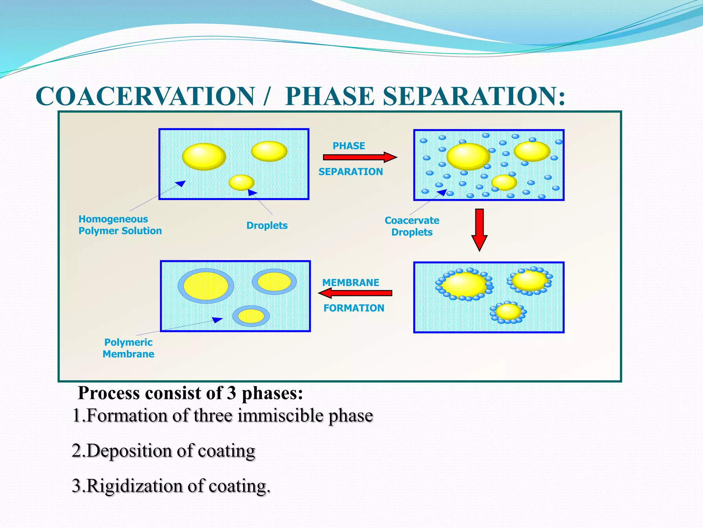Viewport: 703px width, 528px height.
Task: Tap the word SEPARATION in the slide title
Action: click(x=474, y=97)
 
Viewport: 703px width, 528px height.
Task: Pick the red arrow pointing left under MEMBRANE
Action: click(x=355, y=293)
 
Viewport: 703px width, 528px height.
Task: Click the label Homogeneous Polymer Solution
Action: click(x=120, y=225)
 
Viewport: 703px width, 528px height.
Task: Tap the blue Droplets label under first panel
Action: click(x=267, y=225)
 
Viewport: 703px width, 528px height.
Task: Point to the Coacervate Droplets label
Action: click(x=412, y=226)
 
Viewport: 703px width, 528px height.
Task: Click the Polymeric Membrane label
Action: click(x=128, y=348)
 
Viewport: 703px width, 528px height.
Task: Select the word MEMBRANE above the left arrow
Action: click(x=350, y=283)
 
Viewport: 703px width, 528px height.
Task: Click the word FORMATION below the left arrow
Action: click(x=354, y=308)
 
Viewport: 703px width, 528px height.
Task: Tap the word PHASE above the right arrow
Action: click(x=349, y=146)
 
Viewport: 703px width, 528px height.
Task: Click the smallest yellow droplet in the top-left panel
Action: click(x=241, y=183)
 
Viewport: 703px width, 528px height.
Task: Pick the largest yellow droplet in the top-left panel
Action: click(x=204, y=157)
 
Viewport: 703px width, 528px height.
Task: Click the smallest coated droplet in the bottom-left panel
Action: click(x=251, y=316)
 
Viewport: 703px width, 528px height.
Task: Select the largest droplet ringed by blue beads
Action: click(x=464, y=285)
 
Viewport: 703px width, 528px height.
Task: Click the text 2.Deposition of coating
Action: click(x=163, y=451)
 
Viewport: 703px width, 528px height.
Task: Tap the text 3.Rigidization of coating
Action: click(x=171, y=486)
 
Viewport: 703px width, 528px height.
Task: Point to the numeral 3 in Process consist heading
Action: click(x=231, y=393)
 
